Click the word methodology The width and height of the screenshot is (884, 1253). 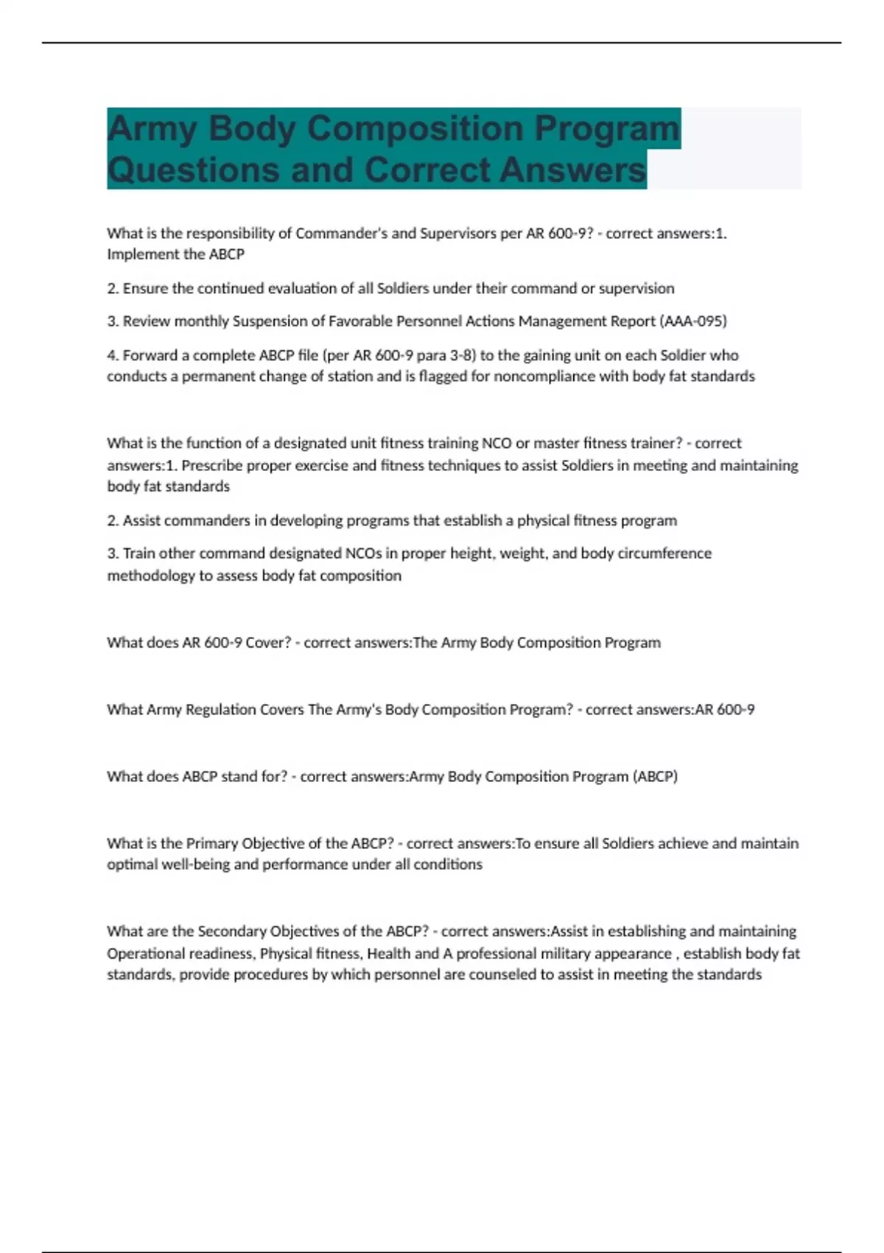coord(151,576)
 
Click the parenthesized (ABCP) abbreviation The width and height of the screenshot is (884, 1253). coord(655,777)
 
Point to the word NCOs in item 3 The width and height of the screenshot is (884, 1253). coord(365,554)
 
